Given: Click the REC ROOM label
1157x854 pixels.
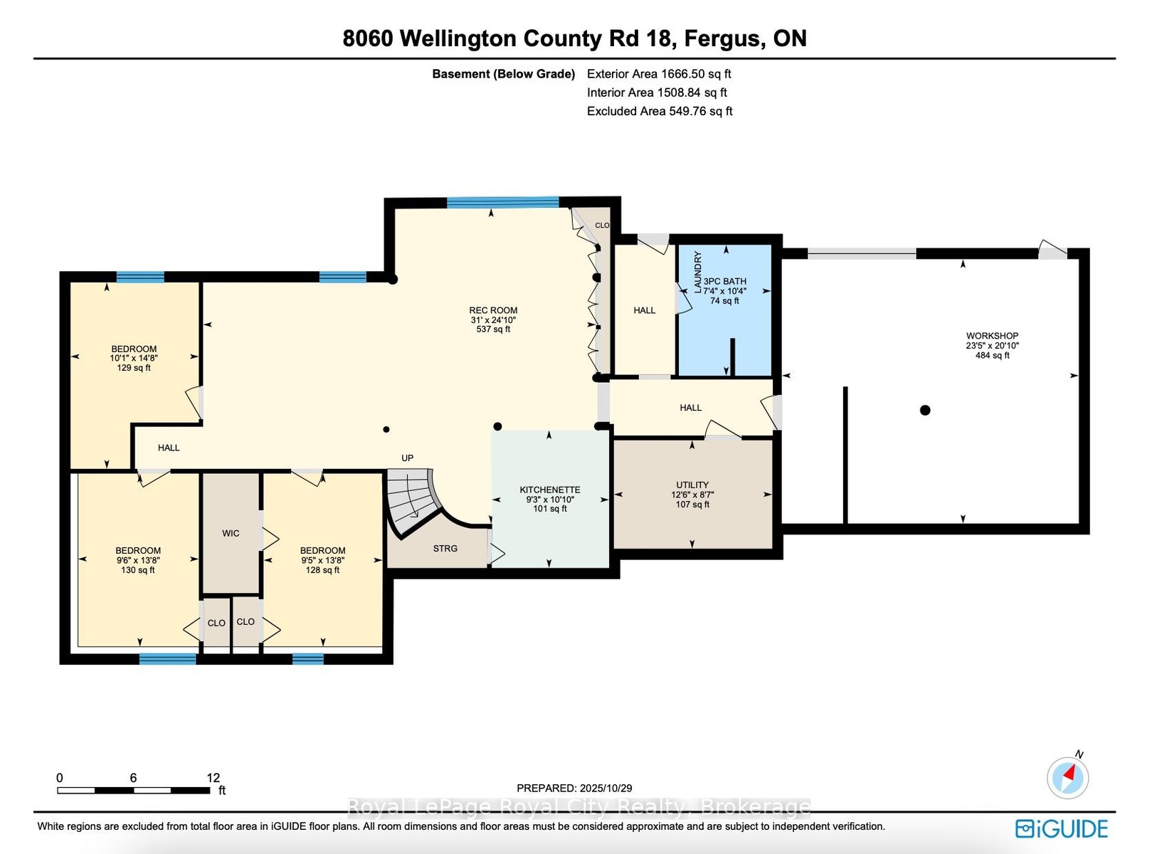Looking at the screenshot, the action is [493, 310].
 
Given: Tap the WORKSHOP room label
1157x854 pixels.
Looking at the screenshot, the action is [992, 336].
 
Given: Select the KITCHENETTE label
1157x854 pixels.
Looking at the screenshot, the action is [550, 490].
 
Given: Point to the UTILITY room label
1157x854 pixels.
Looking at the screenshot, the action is [692, 485].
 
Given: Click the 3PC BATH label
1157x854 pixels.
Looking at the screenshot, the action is [724, 281].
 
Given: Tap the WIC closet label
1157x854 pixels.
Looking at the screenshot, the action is [231, 533].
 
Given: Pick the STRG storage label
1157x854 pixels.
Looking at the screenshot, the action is [445, 548].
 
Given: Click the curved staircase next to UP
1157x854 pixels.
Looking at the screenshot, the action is [413, 501].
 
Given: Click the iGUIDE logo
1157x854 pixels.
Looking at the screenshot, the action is [1061, 829].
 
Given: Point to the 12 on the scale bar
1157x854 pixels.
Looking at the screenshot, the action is [213, 778].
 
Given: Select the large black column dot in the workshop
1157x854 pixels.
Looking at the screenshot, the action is [925, 410].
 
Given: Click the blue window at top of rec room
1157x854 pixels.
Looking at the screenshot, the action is [503, 202].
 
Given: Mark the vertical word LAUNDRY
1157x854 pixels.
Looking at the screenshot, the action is [697, 272].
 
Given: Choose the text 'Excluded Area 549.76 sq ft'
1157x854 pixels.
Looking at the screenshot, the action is [660, 111].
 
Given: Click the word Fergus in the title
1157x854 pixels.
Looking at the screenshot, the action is [722, 39].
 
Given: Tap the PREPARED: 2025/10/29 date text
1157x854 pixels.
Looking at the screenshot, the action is [574, 789].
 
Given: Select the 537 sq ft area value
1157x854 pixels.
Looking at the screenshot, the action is [493, 330].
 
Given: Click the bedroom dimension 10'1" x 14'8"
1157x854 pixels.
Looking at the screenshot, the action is [134, 359].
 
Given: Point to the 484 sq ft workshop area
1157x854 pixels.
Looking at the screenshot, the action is [992, 355].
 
